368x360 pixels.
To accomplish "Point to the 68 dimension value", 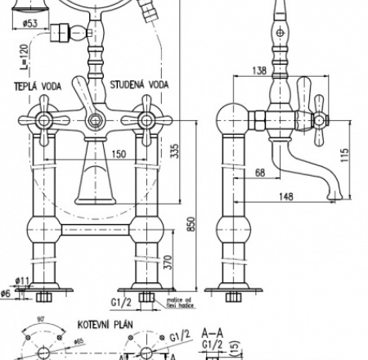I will (259, 172).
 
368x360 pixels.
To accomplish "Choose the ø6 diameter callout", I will (7, 294).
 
